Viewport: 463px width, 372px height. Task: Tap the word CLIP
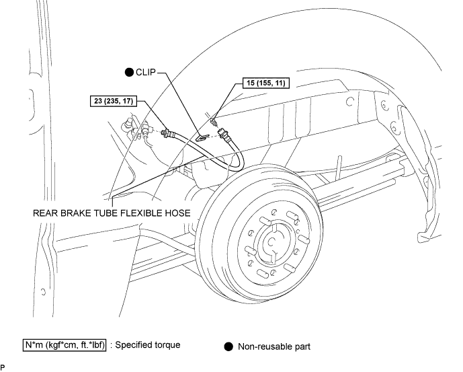coord(146,72)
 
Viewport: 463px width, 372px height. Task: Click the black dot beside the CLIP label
coord(129,72)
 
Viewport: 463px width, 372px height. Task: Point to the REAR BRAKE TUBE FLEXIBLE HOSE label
coord(112,213)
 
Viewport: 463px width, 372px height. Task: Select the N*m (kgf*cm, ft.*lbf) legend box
coord(65,345)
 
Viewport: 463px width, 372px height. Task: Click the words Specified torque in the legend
coord(148,345)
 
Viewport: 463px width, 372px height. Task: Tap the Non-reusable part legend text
coord(274,346)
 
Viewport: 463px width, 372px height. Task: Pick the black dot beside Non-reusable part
coord(228,346)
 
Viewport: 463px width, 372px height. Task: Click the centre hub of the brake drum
coord(271,242)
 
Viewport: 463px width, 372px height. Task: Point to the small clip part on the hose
coord(202,137)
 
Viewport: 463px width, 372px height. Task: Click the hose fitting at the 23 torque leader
coord(169,133)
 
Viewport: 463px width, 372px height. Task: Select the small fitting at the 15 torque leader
coord(213,121)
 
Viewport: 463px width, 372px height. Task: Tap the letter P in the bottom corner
coord(3,367)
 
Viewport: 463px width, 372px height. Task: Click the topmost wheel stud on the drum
coord(292,215)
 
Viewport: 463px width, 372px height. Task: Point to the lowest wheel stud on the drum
coord(263,274)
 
